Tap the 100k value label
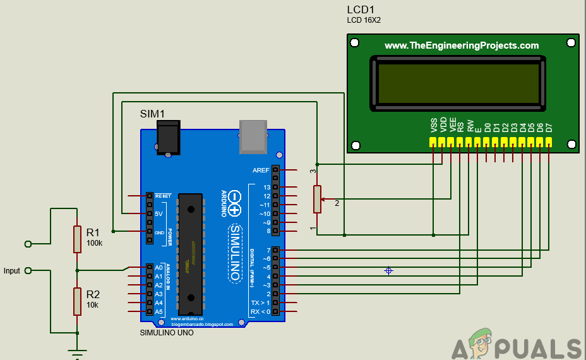tap(95, 243)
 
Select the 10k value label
tap(93, 304)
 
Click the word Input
tap(12, 271)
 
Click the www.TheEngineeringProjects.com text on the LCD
tap(462, 45)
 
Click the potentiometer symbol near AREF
tap(318, 200)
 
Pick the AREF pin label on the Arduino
tap(261, 170)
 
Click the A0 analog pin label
tap(158, 267)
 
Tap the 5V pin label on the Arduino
tap(158, 214)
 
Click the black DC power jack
tap(167, 137)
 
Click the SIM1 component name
tap(152, 114)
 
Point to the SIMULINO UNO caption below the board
tap(167, 333)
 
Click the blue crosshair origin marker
tap(389, 270)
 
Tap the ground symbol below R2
tap(77, 354)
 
